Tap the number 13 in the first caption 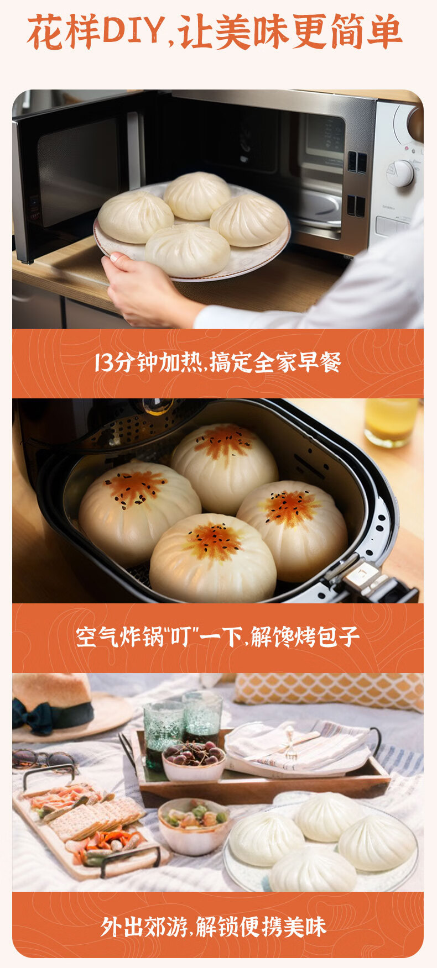[103, 363]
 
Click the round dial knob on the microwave [400, 173]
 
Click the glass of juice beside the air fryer [391, 422]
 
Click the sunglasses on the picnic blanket [41, 758]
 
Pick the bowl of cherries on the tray [193, 761]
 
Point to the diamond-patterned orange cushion [330, 690]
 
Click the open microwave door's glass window [82, 171]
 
